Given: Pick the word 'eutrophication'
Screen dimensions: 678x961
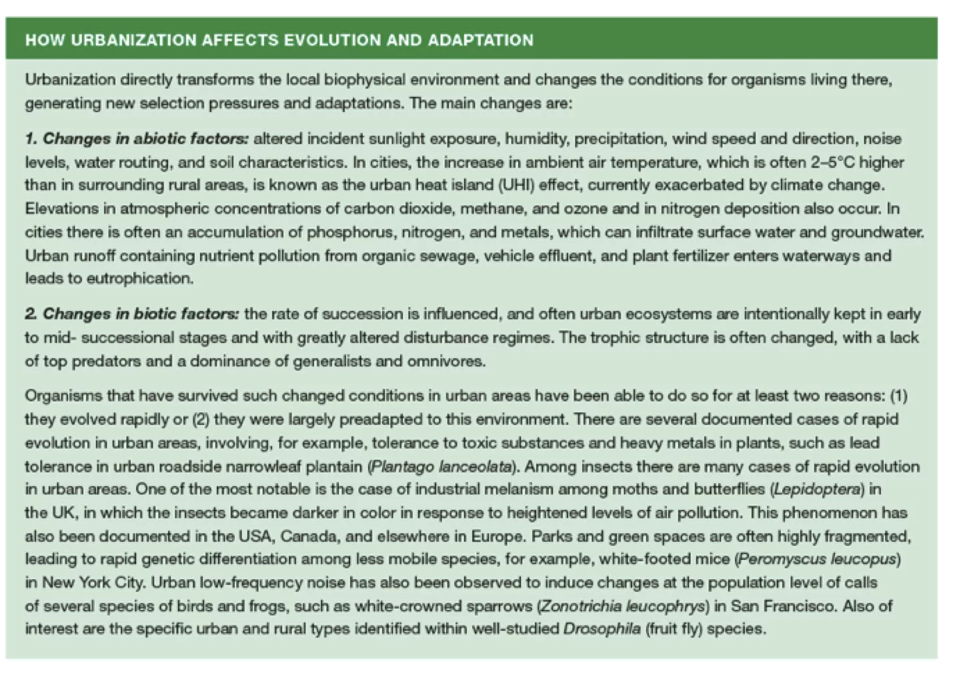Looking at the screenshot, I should (x=139, y=279).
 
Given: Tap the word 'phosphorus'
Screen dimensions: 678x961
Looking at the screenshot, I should (x=342, y=232).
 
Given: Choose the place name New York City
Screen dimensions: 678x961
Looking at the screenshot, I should (x=93, y=583).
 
